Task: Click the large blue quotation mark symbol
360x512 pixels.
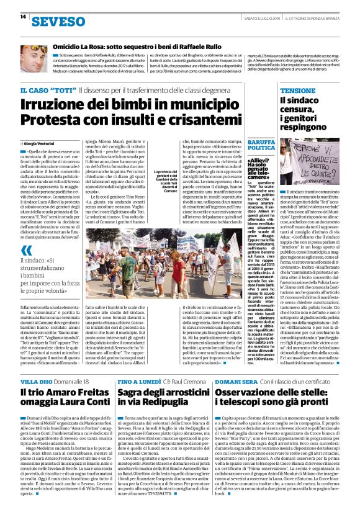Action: pyautogui.click(x=25, y=251)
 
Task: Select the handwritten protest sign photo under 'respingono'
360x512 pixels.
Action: pyautogui.click(x=309, y=162)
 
